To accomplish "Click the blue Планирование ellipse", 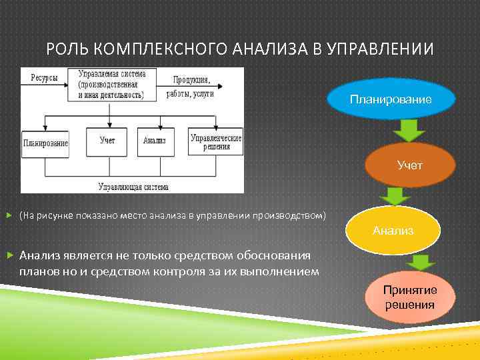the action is tap(391, 99).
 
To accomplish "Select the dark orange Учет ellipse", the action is tap(409, 165).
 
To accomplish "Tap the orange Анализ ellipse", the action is tap(393, 231).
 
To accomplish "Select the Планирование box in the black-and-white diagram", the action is tap(45, 143).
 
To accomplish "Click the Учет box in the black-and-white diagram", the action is tap(107, 141).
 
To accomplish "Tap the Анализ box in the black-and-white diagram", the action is tap(155, 141).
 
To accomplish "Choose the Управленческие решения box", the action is tap(215, 141).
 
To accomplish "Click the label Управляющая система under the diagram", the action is tap(133, 187).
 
